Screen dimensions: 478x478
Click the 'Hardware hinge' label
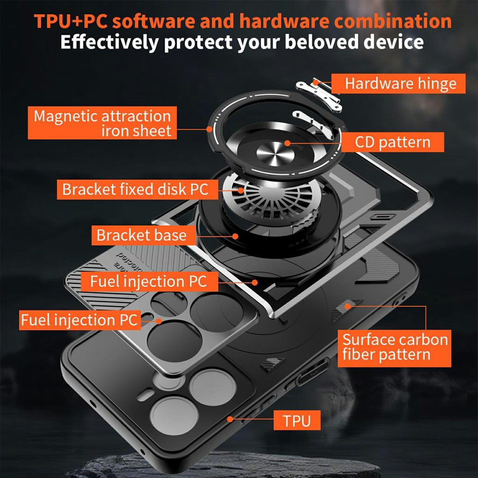[x=400, y=84]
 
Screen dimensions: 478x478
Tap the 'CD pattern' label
[x=392, y=142]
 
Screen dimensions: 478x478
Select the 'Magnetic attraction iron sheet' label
[x=102, y=123]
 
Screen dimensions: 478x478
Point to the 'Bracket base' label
[x=141, y=235]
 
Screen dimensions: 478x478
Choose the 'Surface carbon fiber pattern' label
[x=395, y=347]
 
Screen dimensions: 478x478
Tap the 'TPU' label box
[x=296, y=420]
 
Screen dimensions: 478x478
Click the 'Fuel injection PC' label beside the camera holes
[x=79, y=320]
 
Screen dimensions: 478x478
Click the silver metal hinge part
[x=325, y=95]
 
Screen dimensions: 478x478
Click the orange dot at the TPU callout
[x=230, y=419]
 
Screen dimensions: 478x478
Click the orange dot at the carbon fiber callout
[x=347, y=306]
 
